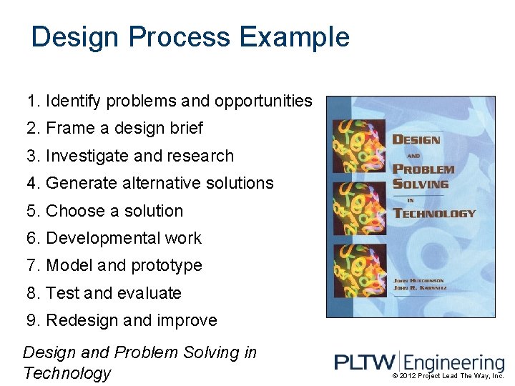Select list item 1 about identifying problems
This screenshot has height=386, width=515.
(x=170, y=102)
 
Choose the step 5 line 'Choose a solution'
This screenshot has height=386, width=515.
(x=105, y=211)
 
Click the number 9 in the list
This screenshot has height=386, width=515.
(x=31, y=320)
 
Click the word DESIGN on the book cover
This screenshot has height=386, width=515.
(x=416, y=139)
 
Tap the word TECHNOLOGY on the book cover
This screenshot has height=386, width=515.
(x=434, y=213)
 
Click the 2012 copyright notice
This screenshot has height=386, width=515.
(x=448, y=376)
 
